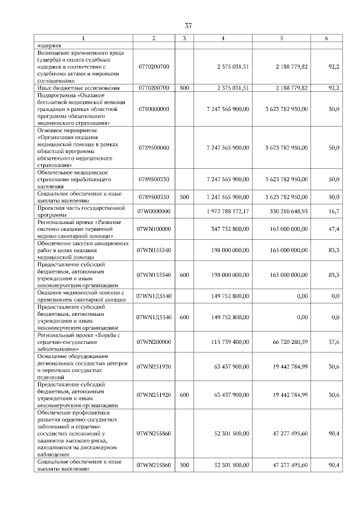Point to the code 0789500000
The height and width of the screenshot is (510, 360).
(x=154, y=147)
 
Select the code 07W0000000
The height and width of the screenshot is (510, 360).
(x=154, y=211)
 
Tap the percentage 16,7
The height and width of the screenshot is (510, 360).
(x=334, y=211)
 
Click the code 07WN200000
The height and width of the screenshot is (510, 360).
(x=154, y=342)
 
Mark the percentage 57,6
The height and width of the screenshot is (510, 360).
(x=334, y=342)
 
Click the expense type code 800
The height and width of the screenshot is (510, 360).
(x=184, y=88)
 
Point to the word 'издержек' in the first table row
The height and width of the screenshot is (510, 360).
(x=49, y=46)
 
